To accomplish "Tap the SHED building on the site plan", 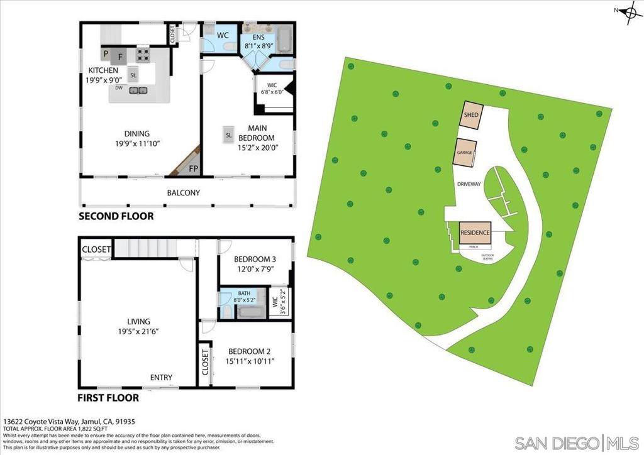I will pyautogui.click(x=472, y=116).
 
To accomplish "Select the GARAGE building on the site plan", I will pyautogui.click(x=465, y=153).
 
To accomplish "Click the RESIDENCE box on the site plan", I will pyautogui.click(x=475, y=233).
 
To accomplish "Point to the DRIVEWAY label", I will pyautogui.click(x=469, y=184).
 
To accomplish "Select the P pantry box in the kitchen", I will pyautogui.click(x=106, y=54).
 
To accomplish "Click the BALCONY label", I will pyautogui.click(x=183, y=193).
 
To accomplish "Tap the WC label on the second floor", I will pyautogui.click(x=223, y=35).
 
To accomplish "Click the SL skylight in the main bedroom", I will pyautogui.click(x=229, y=134).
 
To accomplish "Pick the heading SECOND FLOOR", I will pyautogui.click(x=116, y=217).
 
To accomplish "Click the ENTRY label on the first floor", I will pyautogui.click(x=161, y=377).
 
